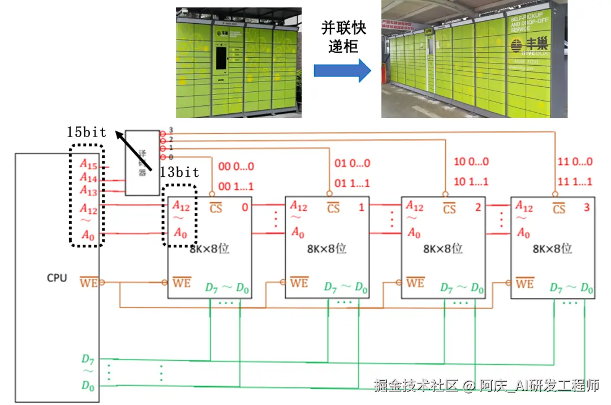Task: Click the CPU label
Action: (x=57, y=278)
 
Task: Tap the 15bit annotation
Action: (x=85, y=133)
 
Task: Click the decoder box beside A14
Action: (x=142, y=163)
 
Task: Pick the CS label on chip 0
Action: (x=216, y=208)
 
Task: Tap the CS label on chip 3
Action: (x=559, y=208)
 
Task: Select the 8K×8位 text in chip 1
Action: (x=327, y=249)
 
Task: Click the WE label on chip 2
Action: (x=415, y=282)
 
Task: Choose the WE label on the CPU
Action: (x=88, y=282)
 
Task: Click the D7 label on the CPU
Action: (x=87, y=359)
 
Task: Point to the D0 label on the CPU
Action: (x=87, y=386)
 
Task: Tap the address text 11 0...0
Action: (x=575, y=161)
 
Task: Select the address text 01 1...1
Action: (x=351, y=182)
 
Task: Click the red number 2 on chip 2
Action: (x=478, y=207)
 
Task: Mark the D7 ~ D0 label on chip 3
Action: (x=571, y=288)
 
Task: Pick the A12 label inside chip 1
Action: (x=299, y=205)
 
